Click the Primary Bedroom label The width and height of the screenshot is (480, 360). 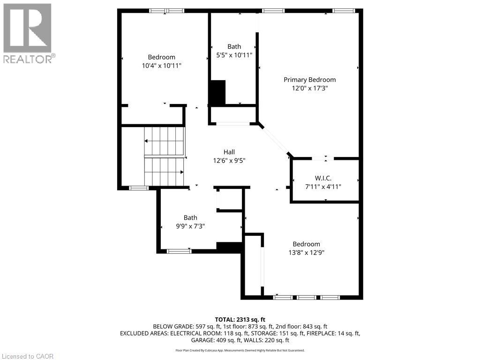click(309, 80)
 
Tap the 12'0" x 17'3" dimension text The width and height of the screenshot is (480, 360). click(309, 88)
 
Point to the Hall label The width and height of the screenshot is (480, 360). click(229, 152)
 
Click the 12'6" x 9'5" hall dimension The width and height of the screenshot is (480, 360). click(229, 160)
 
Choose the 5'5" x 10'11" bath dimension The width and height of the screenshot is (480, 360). click(234, 55)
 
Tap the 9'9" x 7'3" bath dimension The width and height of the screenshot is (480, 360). click(190, 226)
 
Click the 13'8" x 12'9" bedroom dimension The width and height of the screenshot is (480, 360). click(306, 252)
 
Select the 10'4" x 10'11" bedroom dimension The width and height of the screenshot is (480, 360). click(161, 66)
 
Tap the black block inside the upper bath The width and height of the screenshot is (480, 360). click(217, 92)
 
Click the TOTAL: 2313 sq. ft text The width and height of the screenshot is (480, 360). click(240, 319)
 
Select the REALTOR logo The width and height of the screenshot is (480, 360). click(28, 33)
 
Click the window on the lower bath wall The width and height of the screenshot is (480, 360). click(179, 251)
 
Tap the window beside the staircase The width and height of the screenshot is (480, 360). click(139, 188)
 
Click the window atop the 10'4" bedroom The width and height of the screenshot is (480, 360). click(166, 11)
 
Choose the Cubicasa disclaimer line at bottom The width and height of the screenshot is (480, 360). click(240, 350)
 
